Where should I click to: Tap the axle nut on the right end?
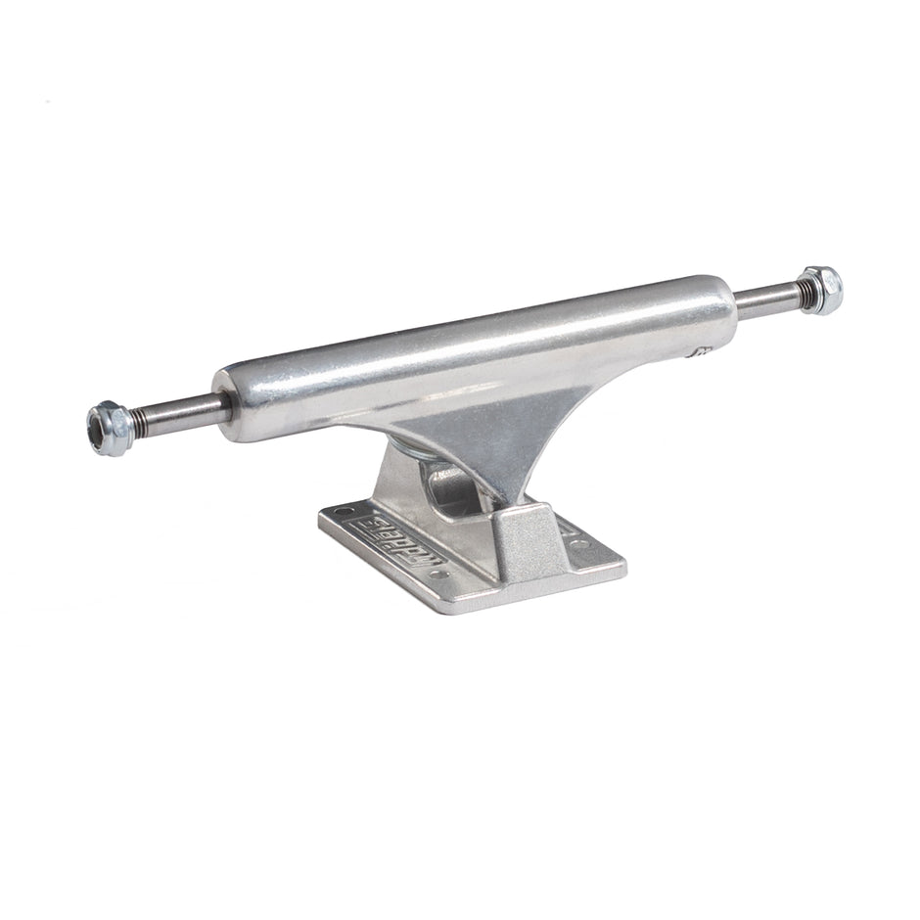pos(823,289)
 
